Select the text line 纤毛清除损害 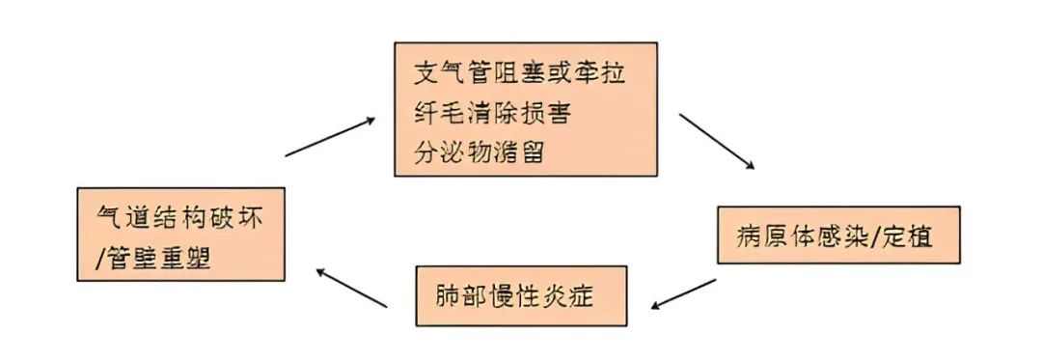tap(492, 112)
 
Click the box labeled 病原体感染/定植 tap(837, 235)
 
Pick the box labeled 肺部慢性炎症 tap(521, 294)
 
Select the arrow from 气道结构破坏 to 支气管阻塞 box tap(330, 137)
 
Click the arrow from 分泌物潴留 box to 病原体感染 tap(716, 142)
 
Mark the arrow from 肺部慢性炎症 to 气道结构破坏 tap(352, 288)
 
